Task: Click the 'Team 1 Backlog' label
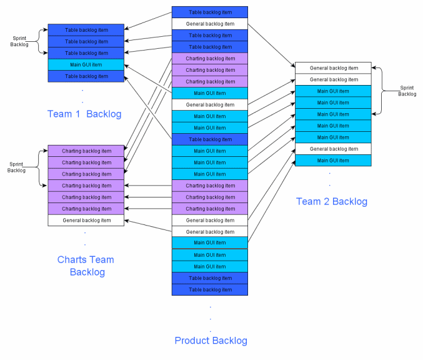click(84, 114)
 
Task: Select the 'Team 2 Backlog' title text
click(331, 201)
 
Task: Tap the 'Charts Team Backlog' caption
click(86, 266)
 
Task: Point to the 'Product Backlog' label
click(211, 341)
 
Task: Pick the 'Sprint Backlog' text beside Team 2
click(407, 91)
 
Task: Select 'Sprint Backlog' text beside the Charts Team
click(17, 167)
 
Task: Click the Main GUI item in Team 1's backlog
click(86, 64)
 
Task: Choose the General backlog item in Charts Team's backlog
click(86, 220)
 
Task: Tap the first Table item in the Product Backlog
click(210, 12)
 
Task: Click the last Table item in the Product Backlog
click(210, 289)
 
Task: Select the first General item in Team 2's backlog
click(334, 68)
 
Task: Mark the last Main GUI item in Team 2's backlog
click(334, 161)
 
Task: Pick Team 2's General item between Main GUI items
click(334, 149)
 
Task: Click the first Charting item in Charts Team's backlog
click(86, 151)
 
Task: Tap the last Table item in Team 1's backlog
click(86, 76)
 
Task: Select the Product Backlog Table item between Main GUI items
click(210, 139)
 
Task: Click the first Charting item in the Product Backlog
click(210, 59)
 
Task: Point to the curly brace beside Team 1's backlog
click(37, 41)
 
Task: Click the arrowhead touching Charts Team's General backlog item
click(127, 220)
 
